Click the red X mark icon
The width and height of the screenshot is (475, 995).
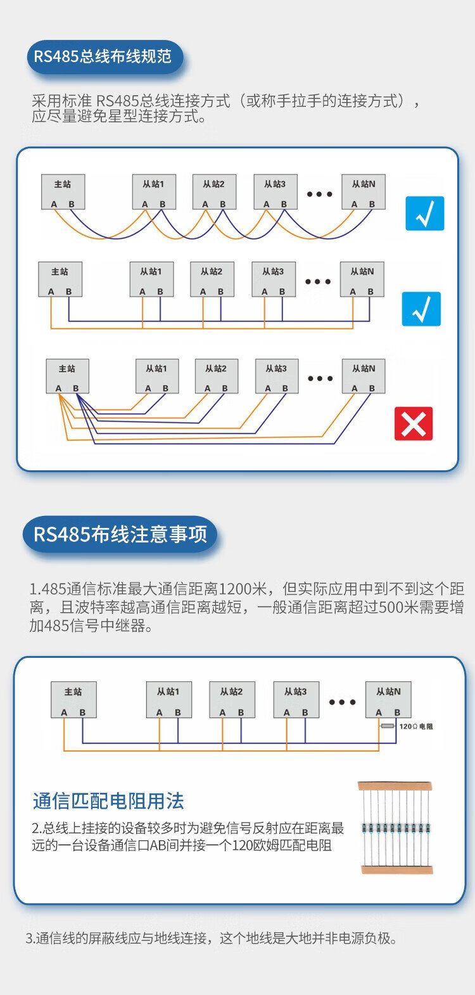coord(414,423)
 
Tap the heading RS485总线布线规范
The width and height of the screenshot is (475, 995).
coord(103,56)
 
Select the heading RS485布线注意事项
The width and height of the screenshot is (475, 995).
coord(120,534)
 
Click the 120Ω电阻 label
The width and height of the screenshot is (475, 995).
coord(416,726)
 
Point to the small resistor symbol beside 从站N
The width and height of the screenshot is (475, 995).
coord(388,726)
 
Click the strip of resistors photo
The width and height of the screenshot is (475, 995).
coord(396,827)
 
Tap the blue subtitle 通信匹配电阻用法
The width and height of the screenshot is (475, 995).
coord(108,801)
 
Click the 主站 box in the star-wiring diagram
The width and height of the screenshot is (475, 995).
coord(67,376)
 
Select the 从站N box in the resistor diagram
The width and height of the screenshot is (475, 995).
coord(388,699)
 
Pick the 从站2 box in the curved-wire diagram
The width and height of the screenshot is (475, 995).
coord(214,191)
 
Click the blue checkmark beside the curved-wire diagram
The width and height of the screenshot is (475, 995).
coord(424,214)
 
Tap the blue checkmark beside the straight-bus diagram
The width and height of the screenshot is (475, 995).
coord(421,309)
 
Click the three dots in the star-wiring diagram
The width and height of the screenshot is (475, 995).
coord(320,378)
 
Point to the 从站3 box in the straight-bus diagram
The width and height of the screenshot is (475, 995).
coord(273,279)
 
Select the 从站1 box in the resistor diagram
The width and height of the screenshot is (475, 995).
coord(168,699)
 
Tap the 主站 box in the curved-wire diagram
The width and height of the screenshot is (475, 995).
coord(63,191)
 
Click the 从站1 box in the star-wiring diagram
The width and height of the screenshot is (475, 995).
coord(156,376)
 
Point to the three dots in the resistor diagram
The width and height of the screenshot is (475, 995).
coord(342,702)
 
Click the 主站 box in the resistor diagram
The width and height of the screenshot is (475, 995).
coord(73,699)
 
